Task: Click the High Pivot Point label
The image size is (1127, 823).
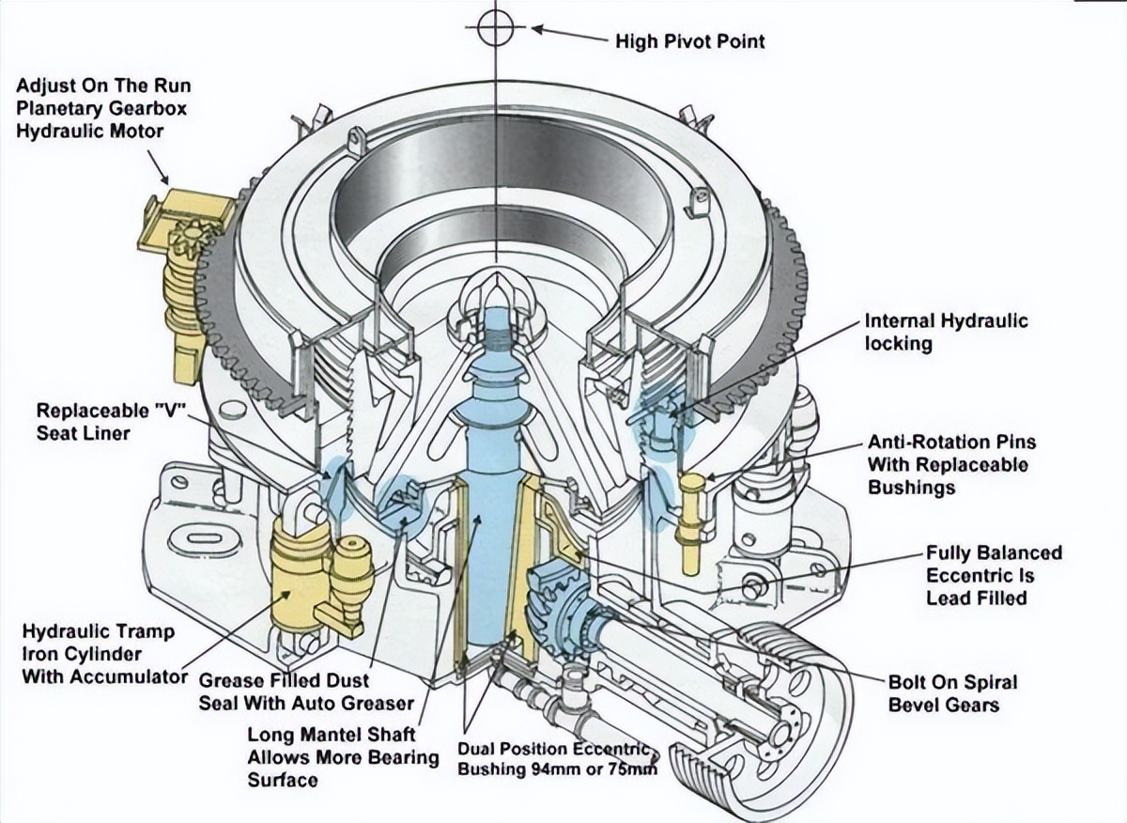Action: (x=689, y=41)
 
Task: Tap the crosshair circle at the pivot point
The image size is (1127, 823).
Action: (x=494, y=27)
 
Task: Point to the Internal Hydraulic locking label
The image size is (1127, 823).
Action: (x=946, y=332)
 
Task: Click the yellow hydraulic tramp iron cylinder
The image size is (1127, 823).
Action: (x=301, y=573)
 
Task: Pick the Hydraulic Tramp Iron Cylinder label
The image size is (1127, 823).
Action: (x=98, y=653)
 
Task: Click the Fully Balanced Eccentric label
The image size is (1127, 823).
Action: (x=994, y=575)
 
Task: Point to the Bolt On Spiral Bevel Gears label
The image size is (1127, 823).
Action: (x=952, y=693)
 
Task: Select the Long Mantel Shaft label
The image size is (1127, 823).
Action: (x=342, y=756)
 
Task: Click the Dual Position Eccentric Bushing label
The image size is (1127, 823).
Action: (x=557, y=759)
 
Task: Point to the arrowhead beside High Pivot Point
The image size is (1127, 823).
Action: (x=539, y=29)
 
